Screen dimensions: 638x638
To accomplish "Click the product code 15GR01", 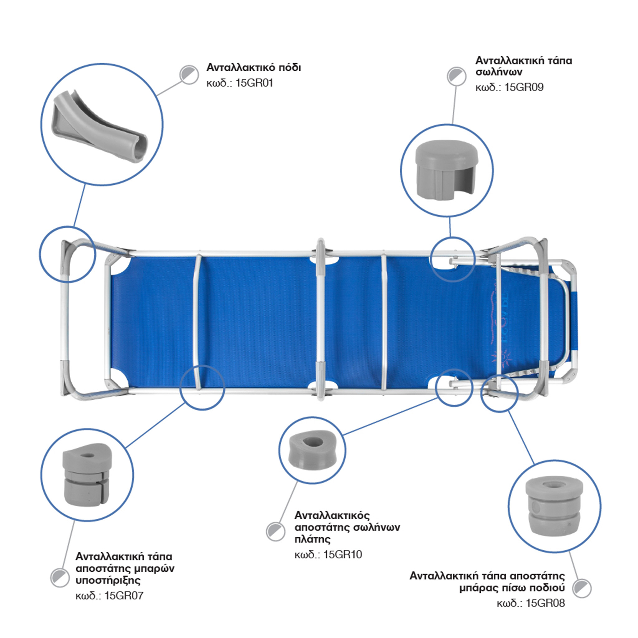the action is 255,83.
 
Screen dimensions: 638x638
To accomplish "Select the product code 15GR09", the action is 524,87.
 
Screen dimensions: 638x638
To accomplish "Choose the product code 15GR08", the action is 545,603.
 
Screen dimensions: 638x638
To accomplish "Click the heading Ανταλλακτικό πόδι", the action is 254,68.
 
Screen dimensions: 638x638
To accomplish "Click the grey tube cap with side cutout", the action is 447,170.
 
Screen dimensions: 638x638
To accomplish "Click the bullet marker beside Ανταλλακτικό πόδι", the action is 189,75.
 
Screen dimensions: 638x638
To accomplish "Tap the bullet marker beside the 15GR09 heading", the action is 456,76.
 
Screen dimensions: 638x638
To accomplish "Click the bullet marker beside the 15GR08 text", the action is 582,588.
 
